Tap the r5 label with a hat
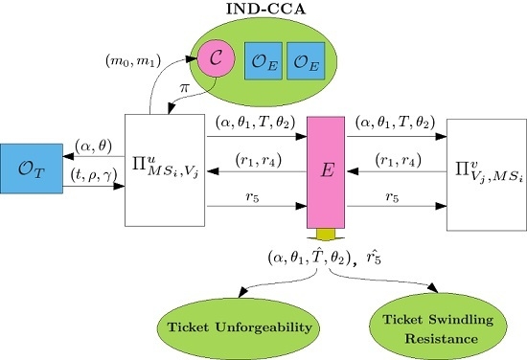click(382, 258)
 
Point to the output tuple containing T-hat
click(307, 258)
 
